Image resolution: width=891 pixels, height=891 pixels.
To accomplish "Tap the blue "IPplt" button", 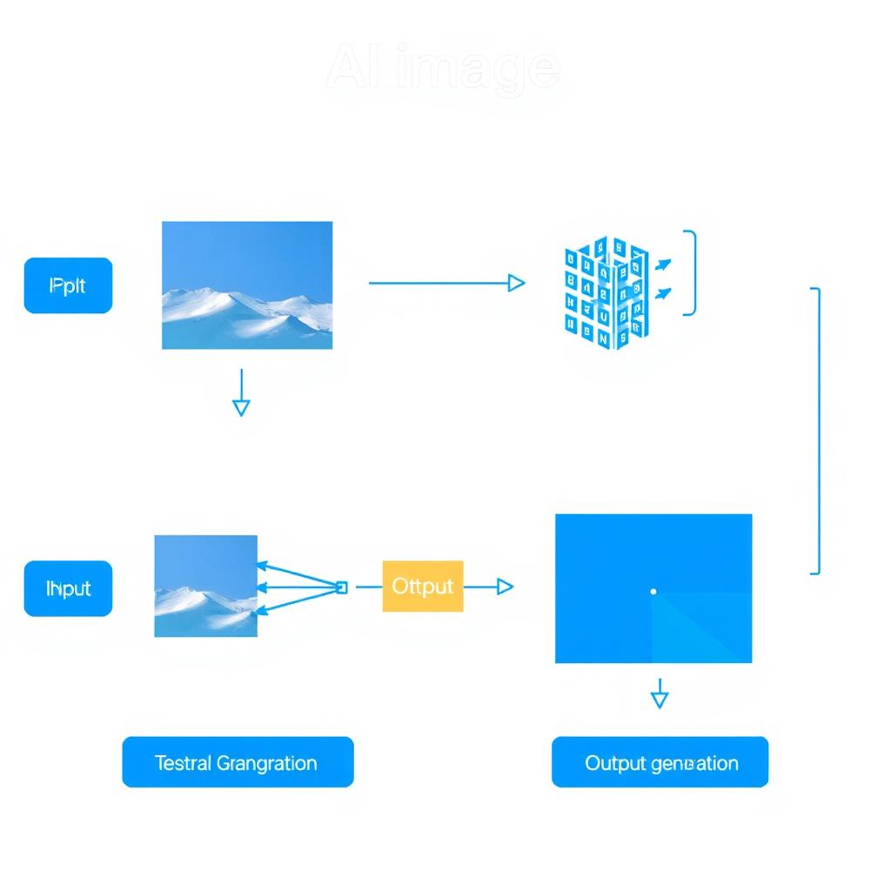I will [68, 285].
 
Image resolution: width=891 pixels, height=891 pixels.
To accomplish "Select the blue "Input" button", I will [68, 589].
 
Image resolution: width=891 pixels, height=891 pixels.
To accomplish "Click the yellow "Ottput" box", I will [423, 586].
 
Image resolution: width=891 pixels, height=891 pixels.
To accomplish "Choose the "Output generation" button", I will [660, 763].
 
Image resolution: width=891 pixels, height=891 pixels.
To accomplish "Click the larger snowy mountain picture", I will [247, 285].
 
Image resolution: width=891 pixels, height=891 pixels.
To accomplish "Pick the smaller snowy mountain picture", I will [206, 586].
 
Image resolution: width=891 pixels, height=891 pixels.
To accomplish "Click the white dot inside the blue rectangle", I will [653, 592].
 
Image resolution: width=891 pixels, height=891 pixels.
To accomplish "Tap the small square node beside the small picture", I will [341, 587].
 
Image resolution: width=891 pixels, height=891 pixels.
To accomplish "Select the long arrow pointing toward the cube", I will [446, 283].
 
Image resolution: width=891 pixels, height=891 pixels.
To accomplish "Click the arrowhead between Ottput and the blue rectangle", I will [504, 587].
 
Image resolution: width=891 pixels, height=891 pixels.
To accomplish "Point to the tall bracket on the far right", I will [815, 431].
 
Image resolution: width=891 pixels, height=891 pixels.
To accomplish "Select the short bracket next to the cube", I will [691, 272].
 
